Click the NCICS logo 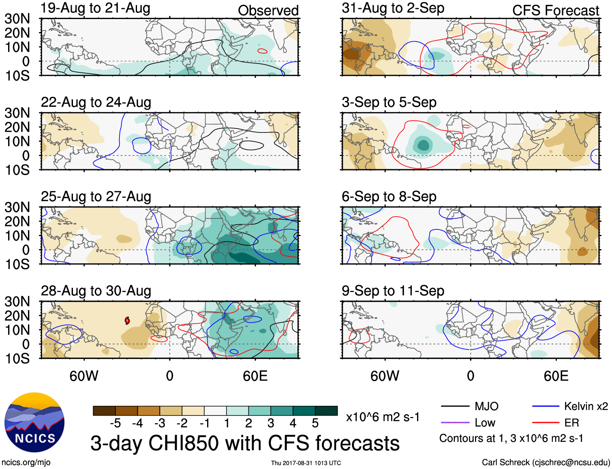pyautogui.click(x=34, y=422)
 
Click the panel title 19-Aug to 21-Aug pyautogui.click(x=96, y=8)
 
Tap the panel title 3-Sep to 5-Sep pyautogui.click(x=389, y=102)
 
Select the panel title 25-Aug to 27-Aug pyautogui.click(x=96, y=197)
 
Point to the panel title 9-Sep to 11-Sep pyautogui.click(x=393, y=291)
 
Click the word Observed pyautogui.click(x=268, y=11)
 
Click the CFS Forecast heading pyautogui.click(x=556, y=11)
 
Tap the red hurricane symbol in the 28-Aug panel pyautogui.click(x=127, y=321)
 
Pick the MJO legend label pyautogui.click(x=486, y=406)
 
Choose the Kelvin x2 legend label pyautogui.click(x=586, y=406)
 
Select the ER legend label pyautogui.click(x=571, y=423)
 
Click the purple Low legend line pyautogui.click(x=455, y=423)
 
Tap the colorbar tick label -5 pyautogui.click(x=115, y=423)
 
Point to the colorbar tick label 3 pyautogui.click(x=271, y=423)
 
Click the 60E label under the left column pyautogui.click(x=255, y=376)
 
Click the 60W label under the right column pyautogui.click(x=385, y=376)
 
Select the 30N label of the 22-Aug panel pyautogui.click(x=17, y=113)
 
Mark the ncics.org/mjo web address pyautogui.click(x=26, y=463)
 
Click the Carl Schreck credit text pyautogui.click(x=546, y=463)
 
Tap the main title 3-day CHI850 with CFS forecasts pyautogui.click(x=245, y=443)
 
